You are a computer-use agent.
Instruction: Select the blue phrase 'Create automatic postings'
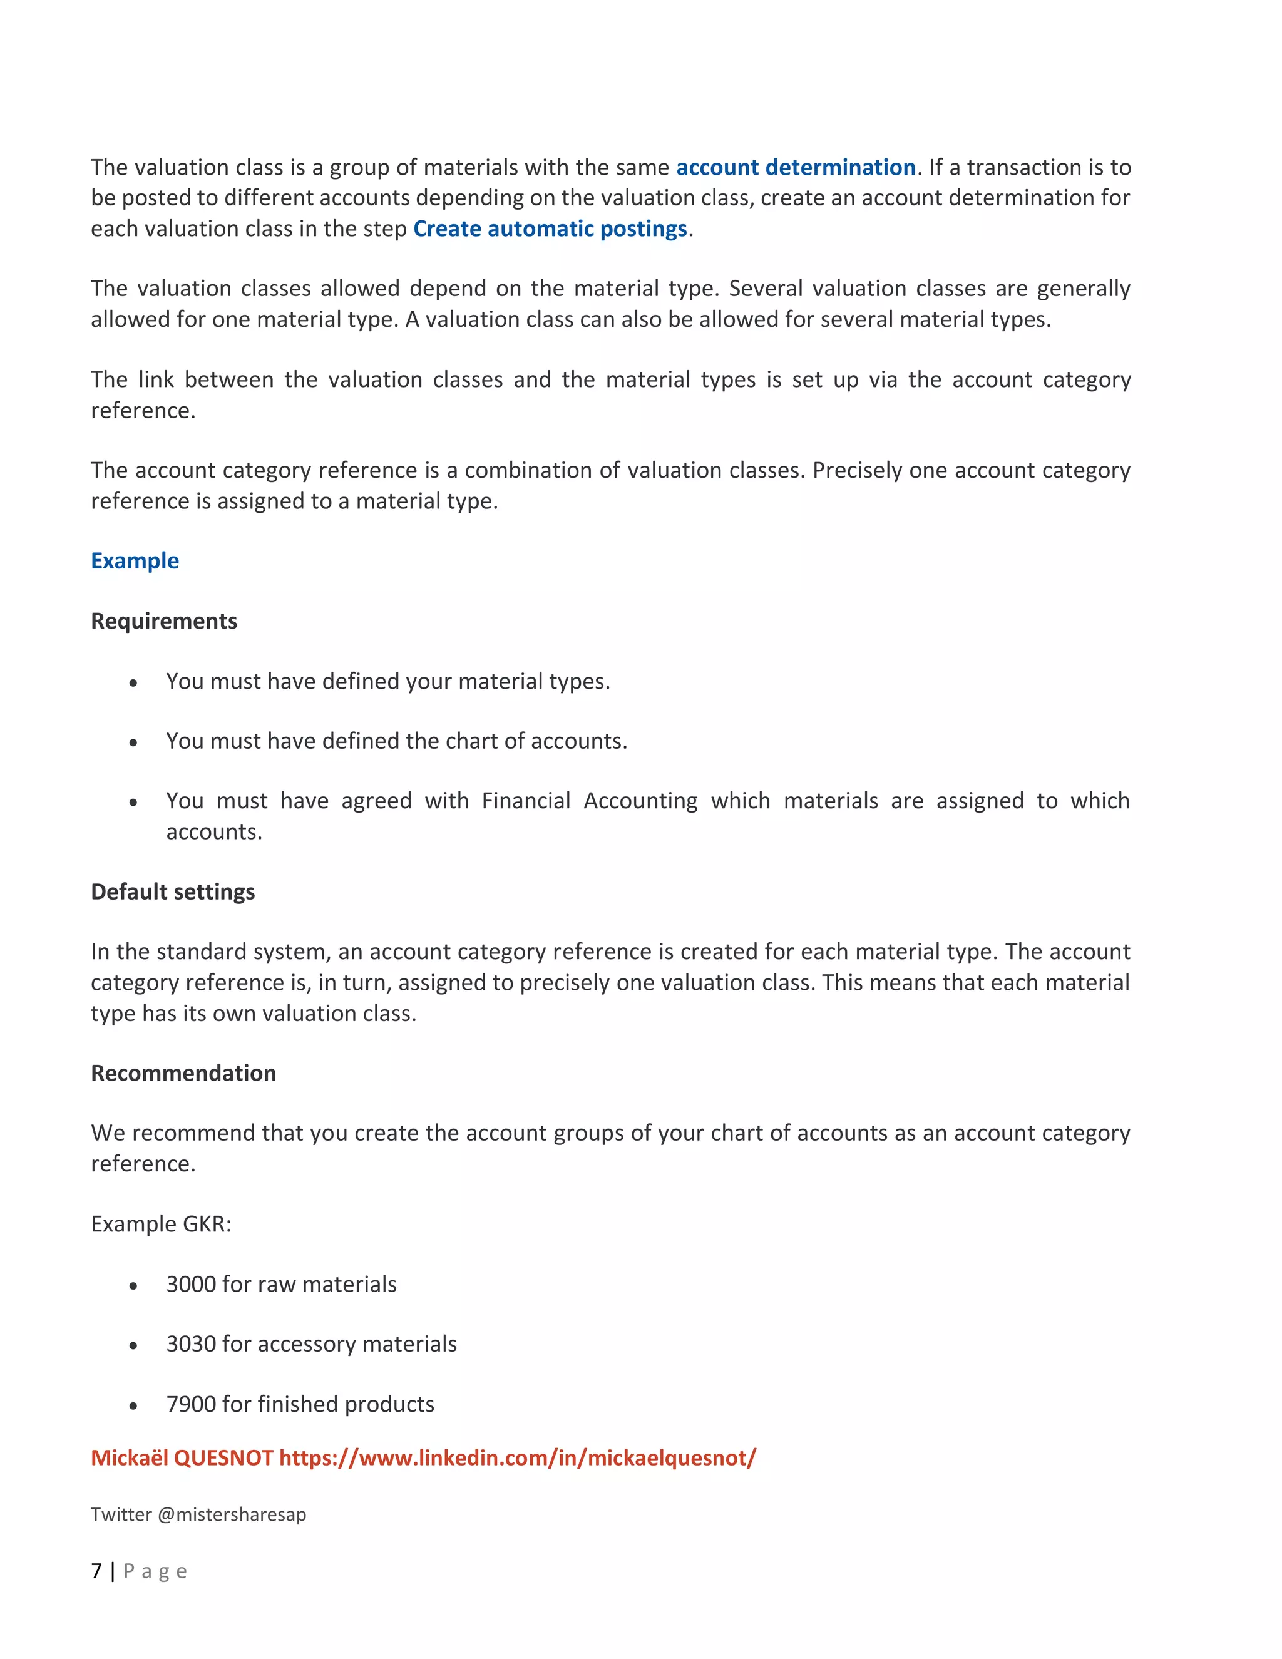[x=550, y=229]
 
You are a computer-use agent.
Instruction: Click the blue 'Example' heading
[x=135, y=560]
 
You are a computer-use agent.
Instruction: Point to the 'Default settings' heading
[x=173, y=891]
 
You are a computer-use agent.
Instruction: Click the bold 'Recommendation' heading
[x=184, y=1072]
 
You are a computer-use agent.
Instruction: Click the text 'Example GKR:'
[x=161, y=1224]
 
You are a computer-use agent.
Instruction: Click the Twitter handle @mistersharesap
[x=232, y=1514]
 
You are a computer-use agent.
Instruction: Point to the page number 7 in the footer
[x=96, y=1571]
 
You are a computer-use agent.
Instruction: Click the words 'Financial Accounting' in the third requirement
[x=589, y=801]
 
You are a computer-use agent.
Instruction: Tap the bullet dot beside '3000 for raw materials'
[x=134, y=1286]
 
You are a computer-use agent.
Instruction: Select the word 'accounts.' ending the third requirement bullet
[x=214, y=832]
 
